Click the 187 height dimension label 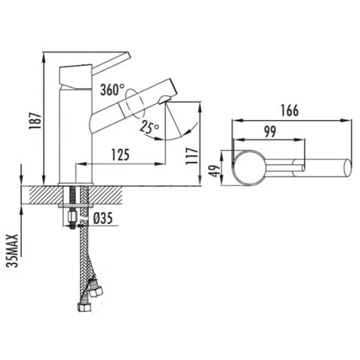tap(35, 121)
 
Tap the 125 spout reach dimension tap(121, 155)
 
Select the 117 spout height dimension tap(192, 156)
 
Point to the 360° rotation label tap(112, 89)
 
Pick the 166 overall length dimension tap(290, 110)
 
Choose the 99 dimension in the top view tap(270, 131)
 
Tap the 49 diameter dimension tap(215, 171)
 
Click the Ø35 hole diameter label tap(103, 218)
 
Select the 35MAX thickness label tap(13, 250)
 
